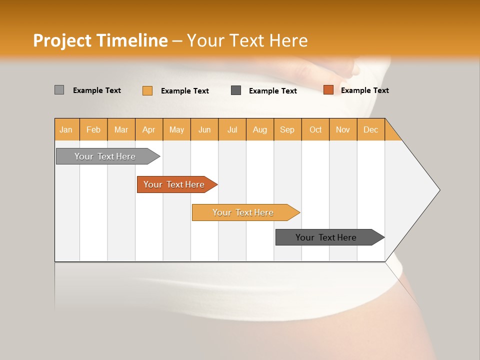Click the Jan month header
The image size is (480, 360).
66,129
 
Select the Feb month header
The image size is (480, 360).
93,129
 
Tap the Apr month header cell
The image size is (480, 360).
149,129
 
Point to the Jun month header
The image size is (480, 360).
204,129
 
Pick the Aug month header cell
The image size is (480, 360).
260,129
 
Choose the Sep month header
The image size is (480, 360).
287,129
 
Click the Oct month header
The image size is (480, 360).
315,129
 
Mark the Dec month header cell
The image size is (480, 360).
371,129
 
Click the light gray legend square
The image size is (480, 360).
59,90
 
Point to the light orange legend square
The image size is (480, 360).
147,90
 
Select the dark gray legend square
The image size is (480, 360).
236,90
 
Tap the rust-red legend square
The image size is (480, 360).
328,90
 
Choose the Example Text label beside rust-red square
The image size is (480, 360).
364,90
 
